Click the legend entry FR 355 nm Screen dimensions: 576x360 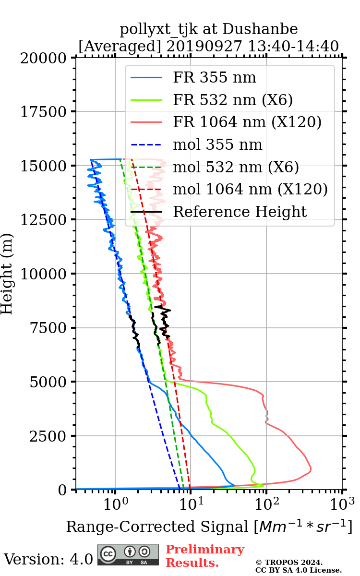(215, 78)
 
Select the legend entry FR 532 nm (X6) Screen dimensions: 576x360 (233, 100)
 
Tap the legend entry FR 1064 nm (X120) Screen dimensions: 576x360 (247, 122)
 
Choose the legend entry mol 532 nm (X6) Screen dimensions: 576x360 (236, 168)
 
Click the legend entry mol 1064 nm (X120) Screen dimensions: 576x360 (250, 190)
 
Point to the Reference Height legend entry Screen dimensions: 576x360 (240, 212)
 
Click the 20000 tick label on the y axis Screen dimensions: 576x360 (44, 58)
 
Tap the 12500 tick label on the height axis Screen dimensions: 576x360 (44, 220)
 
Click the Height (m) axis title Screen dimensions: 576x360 (7, 274)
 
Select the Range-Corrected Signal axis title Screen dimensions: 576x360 (209, 527)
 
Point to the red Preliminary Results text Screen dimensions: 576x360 (205, 556)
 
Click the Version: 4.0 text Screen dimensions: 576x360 (48, 559)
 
